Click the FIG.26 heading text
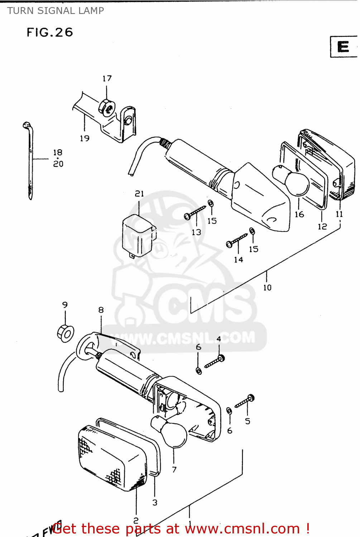[x=50, y=33]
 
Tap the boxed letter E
[x=343, y=47]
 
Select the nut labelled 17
[x=107, y=107]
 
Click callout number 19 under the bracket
[x=85, y=138]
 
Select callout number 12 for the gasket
[x=322, y=226]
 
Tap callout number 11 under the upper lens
[x=339, y=214]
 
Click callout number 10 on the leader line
[x=267, y=287]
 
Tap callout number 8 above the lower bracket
[x=101, y=310]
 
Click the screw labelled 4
[x=215, y=362]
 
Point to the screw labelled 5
[x=245, y=401]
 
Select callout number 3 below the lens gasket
[x=155, y=502]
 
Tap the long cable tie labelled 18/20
[x=30, y=161]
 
